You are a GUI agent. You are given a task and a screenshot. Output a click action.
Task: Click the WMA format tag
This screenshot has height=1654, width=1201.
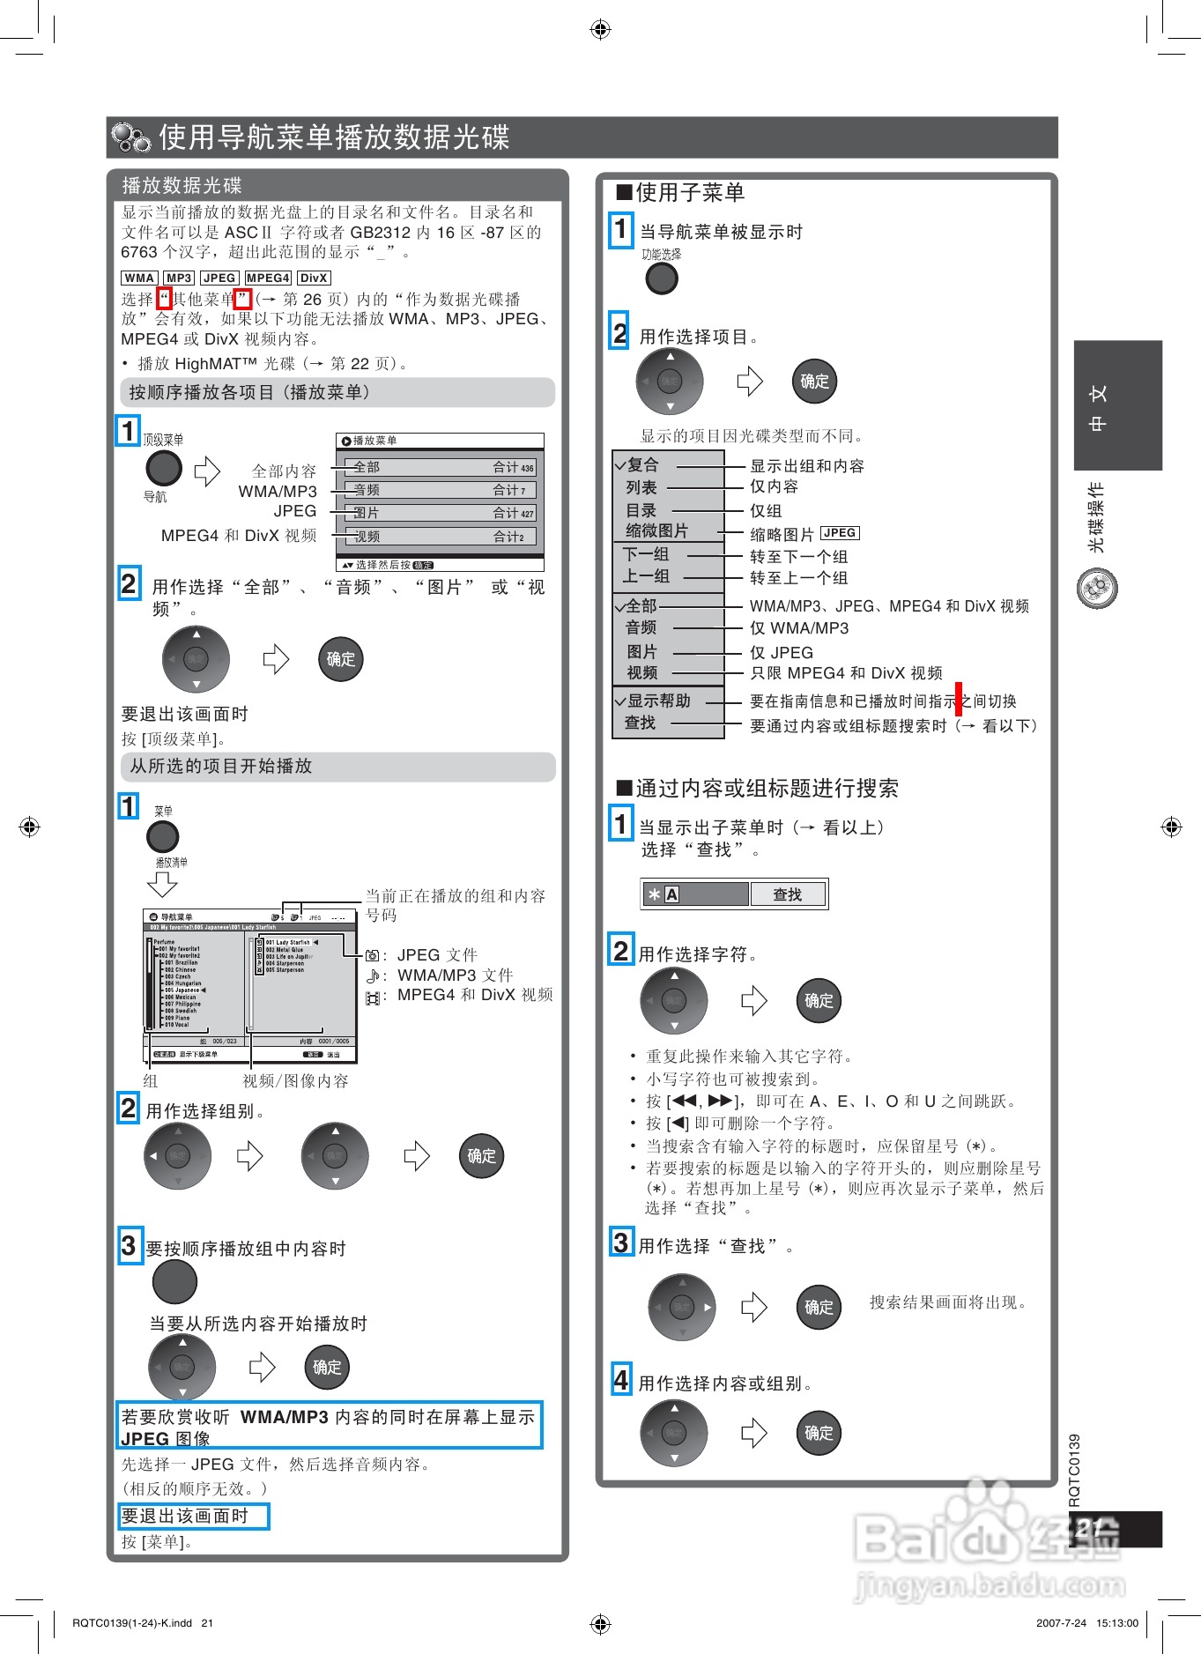click(139, 278)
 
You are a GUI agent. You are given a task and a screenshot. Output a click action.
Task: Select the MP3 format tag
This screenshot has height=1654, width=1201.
click(179, 278)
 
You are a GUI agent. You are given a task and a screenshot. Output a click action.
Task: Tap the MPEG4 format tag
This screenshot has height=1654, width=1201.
click(268, 278)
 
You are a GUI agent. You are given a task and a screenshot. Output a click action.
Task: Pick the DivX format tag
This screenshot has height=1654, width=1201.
click(314, 278)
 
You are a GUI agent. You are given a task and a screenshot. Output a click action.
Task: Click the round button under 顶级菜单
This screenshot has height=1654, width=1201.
click(163, 468)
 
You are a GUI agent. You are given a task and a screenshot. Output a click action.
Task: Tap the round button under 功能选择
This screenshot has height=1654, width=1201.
click(662, 278)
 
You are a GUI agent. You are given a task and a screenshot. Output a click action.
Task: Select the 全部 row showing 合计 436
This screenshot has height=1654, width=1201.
click(440, 467)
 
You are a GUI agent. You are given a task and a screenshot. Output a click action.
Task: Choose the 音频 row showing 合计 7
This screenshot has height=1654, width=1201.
click(440, 490)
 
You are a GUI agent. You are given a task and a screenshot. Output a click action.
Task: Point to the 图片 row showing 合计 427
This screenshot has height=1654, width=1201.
click(440, 513)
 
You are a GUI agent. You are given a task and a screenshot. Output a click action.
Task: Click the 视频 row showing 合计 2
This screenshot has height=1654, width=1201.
click(440, 537)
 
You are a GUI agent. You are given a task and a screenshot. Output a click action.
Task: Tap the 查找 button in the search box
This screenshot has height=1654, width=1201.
click(788, 894)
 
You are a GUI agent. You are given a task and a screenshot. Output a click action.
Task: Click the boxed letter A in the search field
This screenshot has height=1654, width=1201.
click(671, 894)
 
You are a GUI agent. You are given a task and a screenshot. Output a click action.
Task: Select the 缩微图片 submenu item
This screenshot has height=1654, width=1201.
click(656, 531)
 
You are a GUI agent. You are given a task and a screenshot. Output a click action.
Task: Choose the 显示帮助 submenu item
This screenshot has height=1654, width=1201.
click(658, 701)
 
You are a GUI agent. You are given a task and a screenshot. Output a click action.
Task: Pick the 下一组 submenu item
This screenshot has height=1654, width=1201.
click(646, 554)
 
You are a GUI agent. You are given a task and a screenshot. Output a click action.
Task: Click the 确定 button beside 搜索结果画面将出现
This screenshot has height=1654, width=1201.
click(819, 1308)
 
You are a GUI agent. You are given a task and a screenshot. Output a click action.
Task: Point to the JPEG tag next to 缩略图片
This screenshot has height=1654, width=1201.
click(840, 533)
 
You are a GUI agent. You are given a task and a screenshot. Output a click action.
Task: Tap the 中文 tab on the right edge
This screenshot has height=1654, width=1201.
click(1116, 405)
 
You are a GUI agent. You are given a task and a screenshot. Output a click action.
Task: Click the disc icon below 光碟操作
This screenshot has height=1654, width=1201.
click(1097, 588)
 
